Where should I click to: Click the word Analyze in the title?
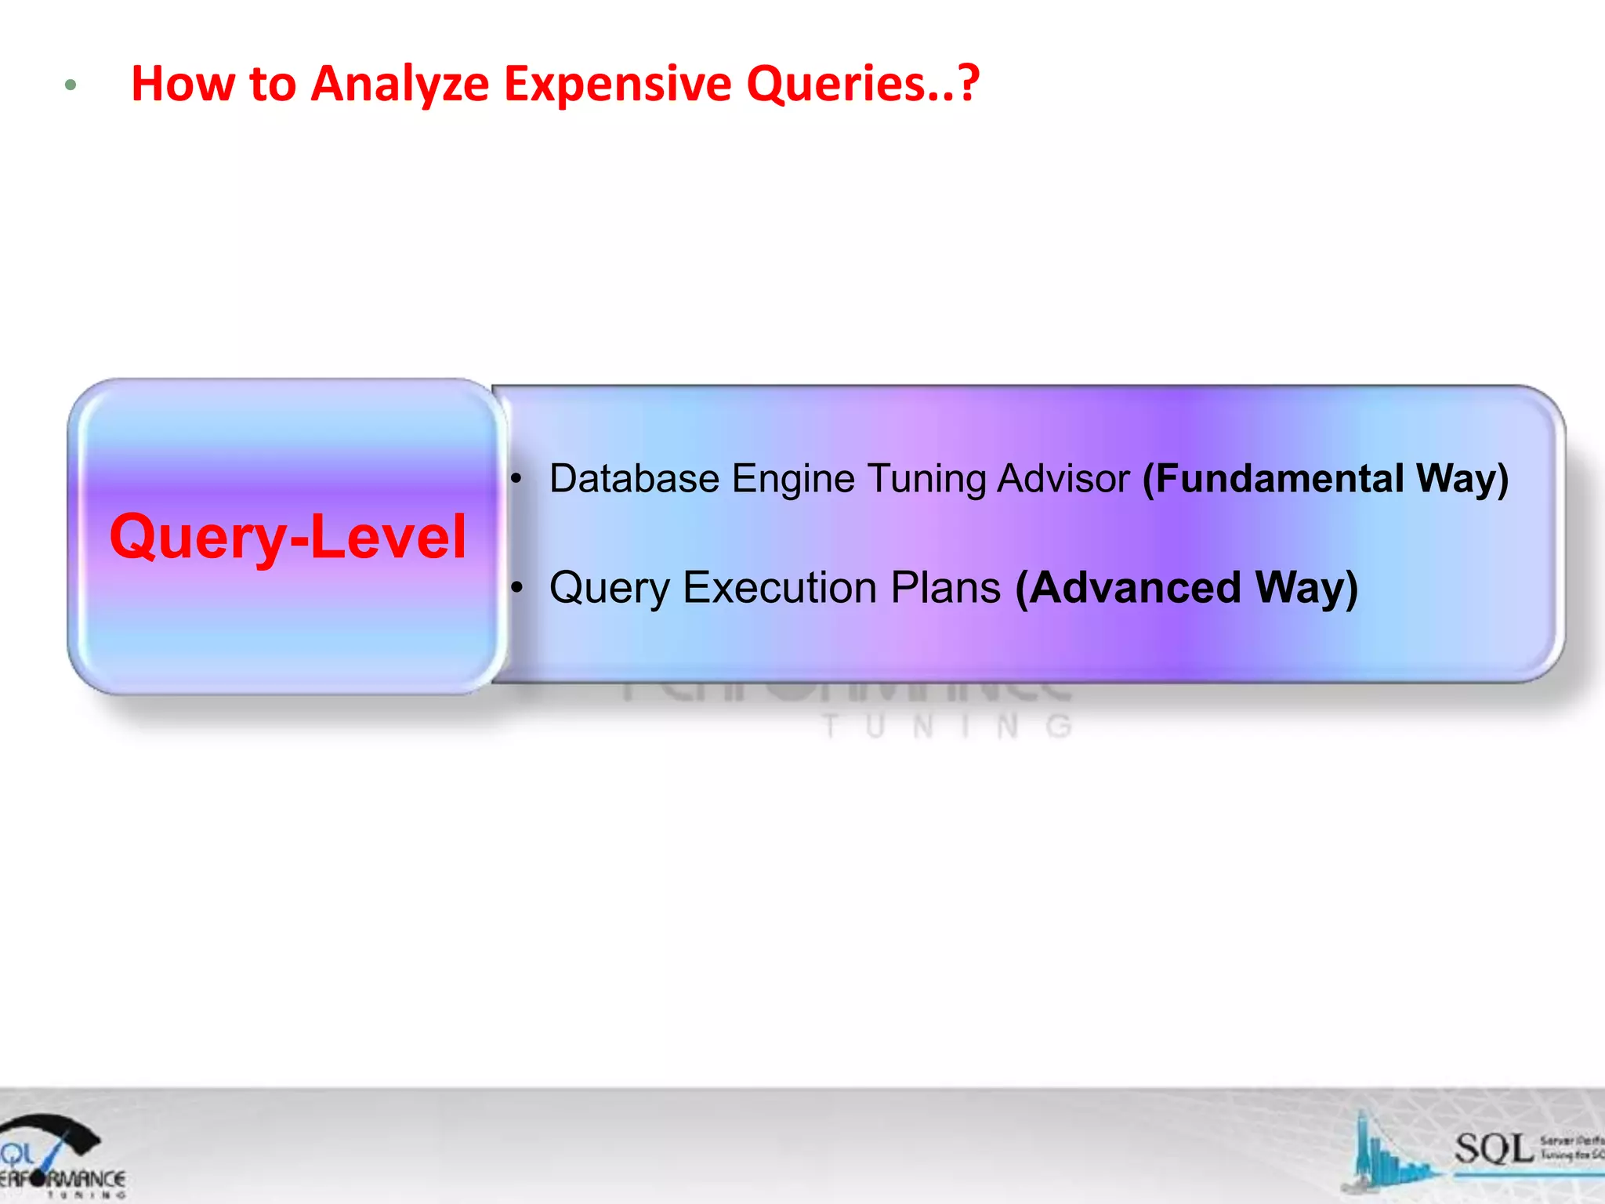pyautogui.click(x=400, y=85)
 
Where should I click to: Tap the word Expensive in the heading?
pyautogui.click(x=617, y=83)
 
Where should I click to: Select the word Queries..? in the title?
pyautogui.click(x=862, y=83)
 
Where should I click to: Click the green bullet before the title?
pyautogui.click(x=71, y=85)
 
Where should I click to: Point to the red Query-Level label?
pyautogui.click(x=288, y=537)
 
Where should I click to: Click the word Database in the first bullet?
pyautogui.click(x=634, y=478)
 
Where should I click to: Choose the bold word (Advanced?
pyautogui.click(x=1129, y=587)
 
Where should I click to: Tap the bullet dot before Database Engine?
pyautogui.click(x=516, y=478)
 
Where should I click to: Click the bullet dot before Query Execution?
pyautogui.click(x=516, y=587)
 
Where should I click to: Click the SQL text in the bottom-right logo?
pyautogui.click(x=1493, y=1149)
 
